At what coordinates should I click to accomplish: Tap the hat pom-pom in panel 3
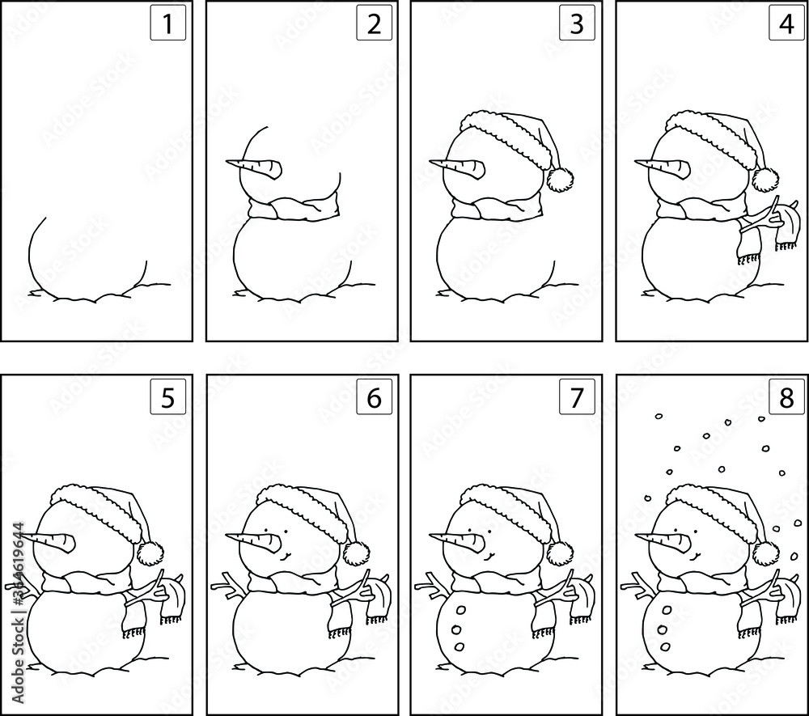click(x=559, y=178)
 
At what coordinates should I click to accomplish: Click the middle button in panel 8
click(x=663, y=629)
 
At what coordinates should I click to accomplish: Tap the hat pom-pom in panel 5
click(x=148, y=553)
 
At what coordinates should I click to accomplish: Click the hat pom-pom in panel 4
click(x=765, y=178)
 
